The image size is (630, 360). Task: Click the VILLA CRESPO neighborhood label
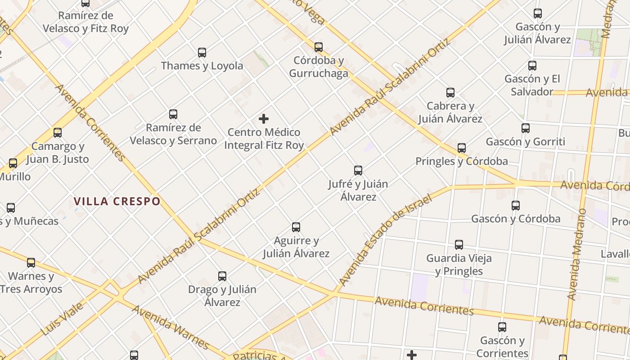[x=117, y=201]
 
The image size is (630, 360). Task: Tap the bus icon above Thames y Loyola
[x=202, y=53]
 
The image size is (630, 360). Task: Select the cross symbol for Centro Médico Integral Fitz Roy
[x=264, y=119]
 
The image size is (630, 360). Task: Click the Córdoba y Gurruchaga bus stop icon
[x=319, y=47]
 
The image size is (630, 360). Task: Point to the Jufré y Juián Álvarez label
[x=358, y=190]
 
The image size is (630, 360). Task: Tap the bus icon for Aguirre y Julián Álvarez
[x=296, y=227]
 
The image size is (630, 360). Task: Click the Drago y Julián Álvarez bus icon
[x=222, y=276]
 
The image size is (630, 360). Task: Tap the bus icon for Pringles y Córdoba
[x=462, y=148]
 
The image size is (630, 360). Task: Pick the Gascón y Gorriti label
[x=525, y=142]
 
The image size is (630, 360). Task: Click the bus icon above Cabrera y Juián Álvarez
[x=450, y=93]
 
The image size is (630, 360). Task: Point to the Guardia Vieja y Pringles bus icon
[x=459, y=245]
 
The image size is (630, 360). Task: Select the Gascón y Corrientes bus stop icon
[x=502, y=327]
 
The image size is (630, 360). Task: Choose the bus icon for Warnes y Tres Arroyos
[x=31, y=263]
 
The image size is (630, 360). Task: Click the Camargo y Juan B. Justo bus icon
[x=58, y=133]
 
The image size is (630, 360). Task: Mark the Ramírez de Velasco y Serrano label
[x=173, y=134]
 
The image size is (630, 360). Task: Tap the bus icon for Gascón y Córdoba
[x=516, y=206]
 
